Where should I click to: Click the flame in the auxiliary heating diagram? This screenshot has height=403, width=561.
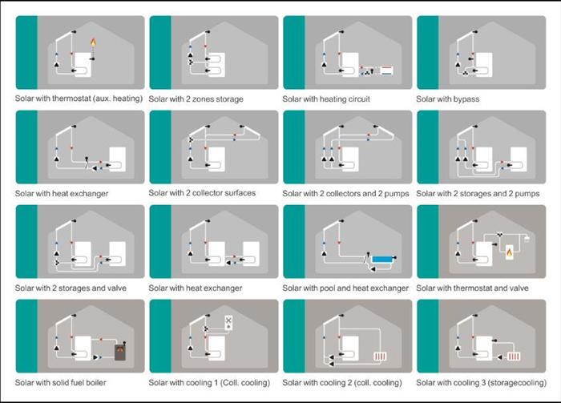point(93,43)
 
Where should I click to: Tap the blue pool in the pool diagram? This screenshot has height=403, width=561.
point(382,259)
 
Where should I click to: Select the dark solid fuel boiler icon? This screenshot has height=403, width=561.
point(120,353)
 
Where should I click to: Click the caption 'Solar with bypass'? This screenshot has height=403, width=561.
point(447,99)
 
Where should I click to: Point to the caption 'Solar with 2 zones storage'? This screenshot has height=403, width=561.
point(196,99)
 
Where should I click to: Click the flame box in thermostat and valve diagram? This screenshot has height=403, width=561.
point(509,252)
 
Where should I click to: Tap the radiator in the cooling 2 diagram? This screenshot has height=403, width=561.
point(380,357)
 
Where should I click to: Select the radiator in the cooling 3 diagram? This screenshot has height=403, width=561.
point(514,357)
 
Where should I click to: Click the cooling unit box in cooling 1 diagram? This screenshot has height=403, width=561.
point(228,323)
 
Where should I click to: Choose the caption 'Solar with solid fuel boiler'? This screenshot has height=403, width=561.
point(60,383)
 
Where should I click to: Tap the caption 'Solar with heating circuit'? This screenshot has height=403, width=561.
point(326,99)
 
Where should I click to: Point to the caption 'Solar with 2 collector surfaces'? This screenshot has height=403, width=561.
point(202,193)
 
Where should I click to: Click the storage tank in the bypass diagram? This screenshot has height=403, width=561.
point(484,64)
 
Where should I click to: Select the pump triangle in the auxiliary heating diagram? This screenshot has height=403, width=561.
point(57,65)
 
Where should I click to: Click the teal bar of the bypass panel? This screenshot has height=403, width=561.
point(428,52)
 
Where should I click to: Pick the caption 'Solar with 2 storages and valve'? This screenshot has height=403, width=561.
point(71,288)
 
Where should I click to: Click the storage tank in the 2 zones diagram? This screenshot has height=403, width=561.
point(217,64)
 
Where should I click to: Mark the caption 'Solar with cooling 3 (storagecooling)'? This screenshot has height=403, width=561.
point(482,383)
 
